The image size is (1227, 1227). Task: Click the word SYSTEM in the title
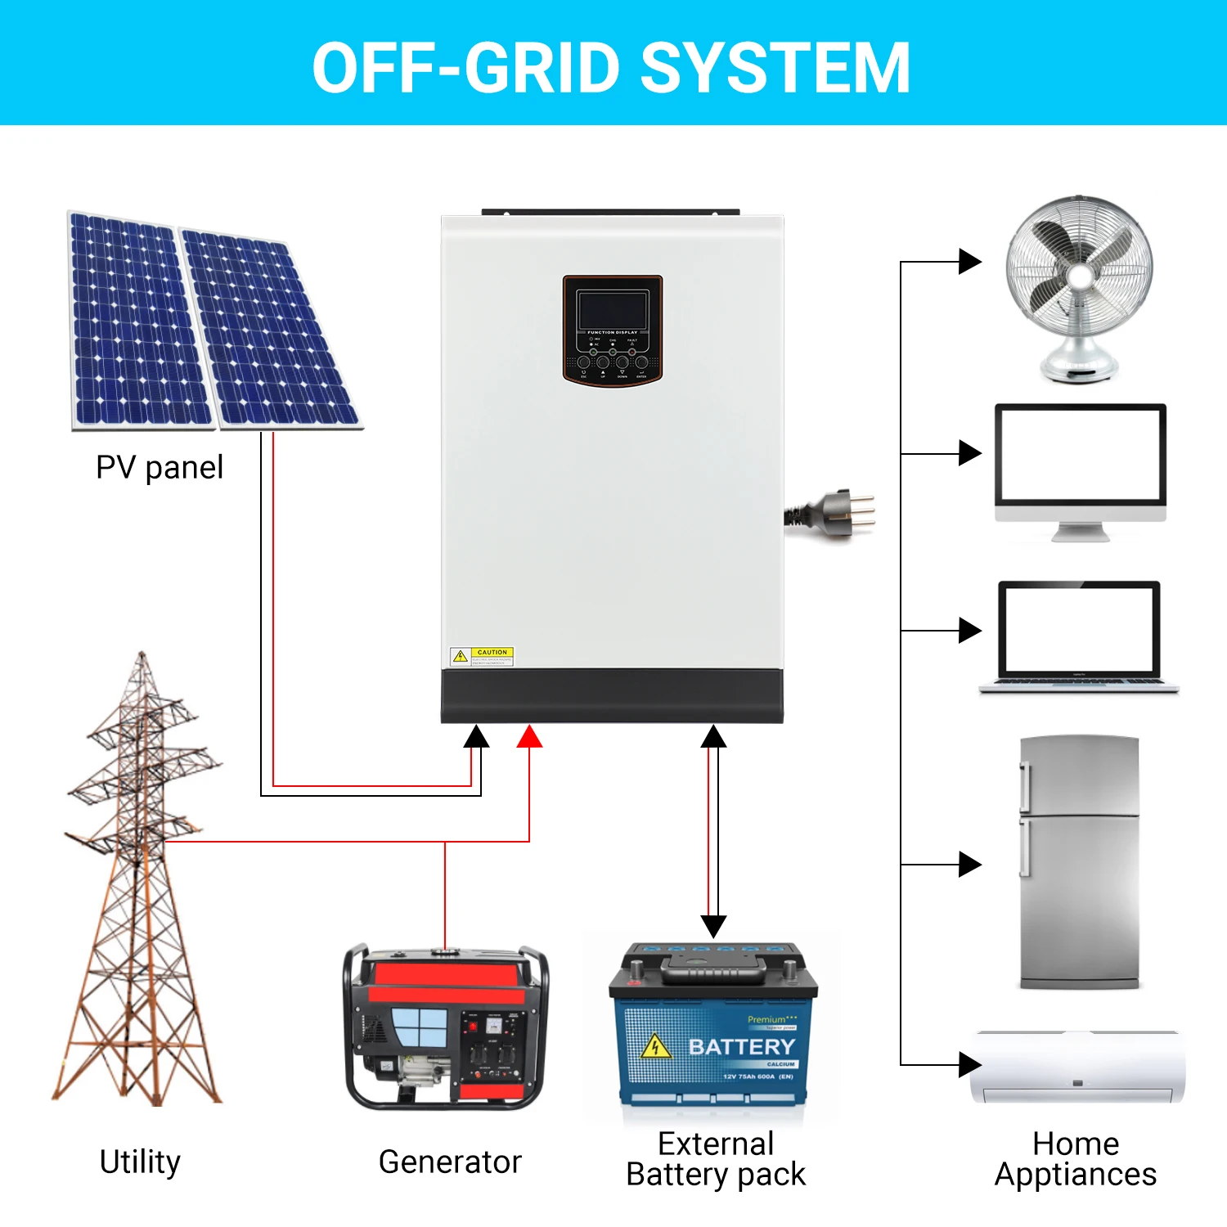click(x=775, y=69)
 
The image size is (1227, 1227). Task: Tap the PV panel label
click(x=160, y=468)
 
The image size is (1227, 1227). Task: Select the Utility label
click(x=140, y=1162)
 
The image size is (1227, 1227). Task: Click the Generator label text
click(x=450, y=1162)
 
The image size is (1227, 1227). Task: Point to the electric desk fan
click(x=1079, y=286)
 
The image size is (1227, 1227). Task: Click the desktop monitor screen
click(x=1080, y=455)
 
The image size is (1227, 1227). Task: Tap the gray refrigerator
click(x=1080, y=863)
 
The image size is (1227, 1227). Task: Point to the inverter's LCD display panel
click(x=612, y=312)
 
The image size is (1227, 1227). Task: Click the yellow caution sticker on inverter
click(x=482, y=656)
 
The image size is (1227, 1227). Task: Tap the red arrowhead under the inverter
click(x=529, y=737)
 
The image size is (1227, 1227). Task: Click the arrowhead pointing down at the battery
click(x=713, y=926)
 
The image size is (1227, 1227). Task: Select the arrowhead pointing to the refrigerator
click(x=969, y=864)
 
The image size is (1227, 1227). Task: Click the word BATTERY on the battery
click(x=741, y=1047)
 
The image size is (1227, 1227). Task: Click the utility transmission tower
click(x=139, y=883)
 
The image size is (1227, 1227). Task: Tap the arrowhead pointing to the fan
click(x=969, y=262)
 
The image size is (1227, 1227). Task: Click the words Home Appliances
click(x=1076, y=1158)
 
